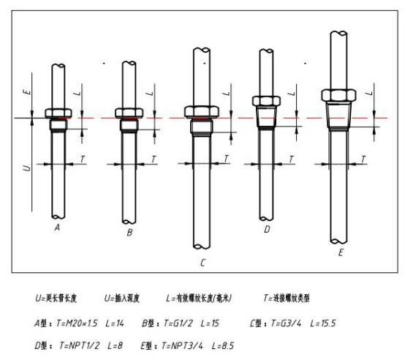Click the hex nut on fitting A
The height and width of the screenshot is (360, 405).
point(58,113)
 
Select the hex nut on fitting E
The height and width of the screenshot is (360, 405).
point(338,95)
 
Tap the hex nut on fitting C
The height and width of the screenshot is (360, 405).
point(202,112)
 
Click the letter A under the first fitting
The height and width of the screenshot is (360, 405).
point(57,228)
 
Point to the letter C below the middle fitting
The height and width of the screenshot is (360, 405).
point(202,263)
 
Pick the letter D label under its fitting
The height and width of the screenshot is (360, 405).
point(267,229)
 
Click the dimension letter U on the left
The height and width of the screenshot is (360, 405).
point(26,168)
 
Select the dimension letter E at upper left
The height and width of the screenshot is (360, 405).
point(27,91)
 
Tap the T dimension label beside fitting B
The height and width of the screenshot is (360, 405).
point(154,159)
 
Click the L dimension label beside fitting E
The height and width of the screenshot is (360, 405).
point(370,92)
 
